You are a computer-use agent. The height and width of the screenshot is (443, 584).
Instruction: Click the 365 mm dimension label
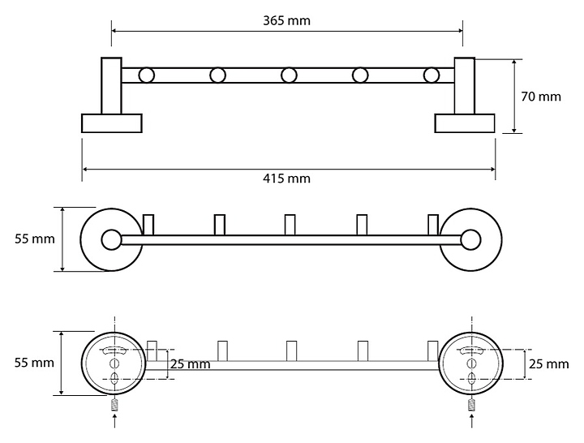[287, 19]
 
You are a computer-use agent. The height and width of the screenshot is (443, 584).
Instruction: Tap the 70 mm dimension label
[540, 97]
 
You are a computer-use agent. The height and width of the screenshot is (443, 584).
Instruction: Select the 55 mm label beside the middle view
[34, 239]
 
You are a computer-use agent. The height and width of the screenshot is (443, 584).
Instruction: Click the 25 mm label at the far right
[549, 364]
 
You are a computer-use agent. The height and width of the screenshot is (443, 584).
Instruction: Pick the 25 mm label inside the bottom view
[191, 364]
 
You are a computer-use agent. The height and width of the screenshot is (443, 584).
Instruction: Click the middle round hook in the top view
[289, 75]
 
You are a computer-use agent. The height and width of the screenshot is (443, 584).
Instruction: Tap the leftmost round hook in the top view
[146, 75]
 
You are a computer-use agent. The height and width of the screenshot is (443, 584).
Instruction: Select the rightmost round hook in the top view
[432, 75]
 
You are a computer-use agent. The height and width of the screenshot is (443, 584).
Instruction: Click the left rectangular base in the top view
[112, 123]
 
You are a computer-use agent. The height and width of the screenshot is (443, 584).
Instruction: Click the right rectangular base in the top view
[465, 123]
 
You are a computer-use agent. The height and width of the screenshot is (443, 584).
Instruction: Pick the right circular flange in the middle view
[469, 239]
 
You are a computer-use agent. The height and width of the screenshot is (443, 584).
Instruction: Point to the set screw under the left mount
[114, 404]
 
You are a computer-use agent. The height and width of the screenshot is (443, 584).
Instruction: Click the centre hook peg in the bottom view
[291, 351]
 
